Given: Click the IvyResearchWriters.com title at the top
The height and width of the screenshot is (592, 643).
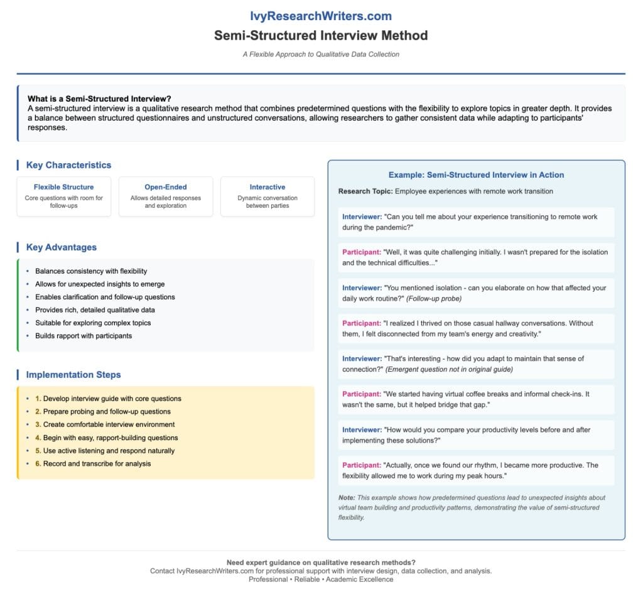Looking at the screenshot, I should [321, 16].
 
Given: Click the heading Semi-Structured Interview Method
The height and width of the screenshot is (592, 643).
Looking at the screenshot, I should [321, 35].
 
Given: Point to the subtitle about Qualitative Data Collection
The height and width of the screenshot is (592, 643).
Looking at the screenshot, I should [321, 55].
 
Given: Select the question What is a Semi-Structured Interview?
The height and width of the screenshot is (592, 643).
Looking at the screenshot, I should [100, 99].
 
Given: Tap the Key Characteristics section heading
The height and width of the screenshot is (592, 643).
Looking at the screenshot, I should [68, 165].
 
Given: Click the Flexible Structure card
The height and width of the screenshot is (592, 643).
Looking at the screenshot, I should [64, 196].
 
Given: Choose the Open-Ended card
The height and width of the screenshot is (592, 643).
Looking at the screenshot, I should [166, 196].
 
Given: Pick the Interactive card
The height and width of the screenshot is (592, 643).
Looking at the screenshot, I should [267, 196].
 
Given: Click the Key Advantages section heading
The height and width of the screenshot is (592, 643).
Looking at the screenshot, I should [62, 247].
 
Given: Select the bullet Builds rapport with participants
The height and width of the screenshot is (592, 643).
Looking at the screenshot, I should [84, 336].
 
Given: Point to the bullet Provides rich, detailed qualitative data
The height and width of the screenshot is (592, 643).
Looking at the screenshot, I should [95, 310].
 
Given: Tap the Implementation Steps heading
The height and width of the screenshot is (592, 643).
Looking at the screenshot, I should [73, 375].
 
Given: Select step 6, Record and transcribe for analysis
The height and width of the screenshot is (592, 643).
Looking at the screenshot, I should [97, 464].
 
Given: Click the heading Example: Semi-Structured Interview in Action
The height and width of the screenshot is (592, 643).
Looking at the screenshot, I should [476, 175].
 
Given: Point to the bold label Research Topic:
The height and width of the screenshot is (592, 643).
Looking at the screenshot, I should [365, 191].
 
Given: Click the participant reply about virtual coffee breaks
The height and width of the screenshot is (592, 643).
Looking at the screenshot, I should [476, 399].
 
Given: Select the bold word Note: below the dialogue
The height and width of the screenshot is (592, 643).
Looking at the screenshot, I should [347, 498].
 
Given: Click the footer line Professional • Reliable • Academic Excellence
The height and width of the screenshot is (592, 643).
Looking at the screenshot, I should [321, 579].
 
